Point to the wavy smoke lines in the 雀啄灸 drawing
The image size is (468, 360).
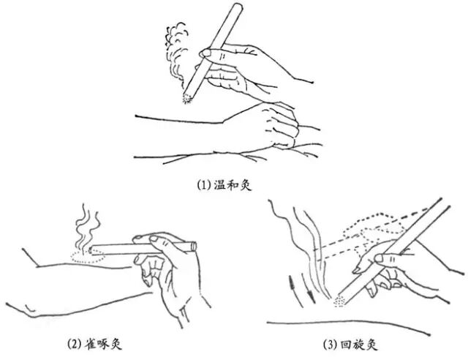coord(86,227)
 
